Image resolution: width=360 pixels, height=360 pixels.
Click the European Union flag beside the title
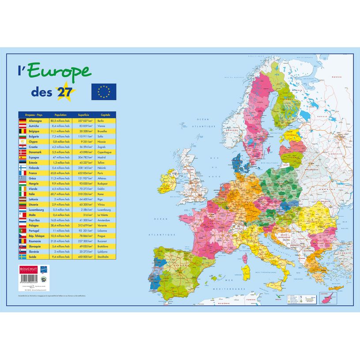pyautogui.click(x=104, y=91)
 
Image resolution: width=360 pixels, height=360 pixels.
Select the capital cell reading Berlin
pyautogui.click(x=100, y=121)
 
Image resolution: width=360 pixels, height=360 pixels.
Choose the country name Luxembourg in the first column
pyautogui.click(x=35, y=210)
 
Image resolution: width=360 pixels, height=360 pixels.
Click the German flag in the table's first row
pyautogui.click(x=22, y=121)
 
